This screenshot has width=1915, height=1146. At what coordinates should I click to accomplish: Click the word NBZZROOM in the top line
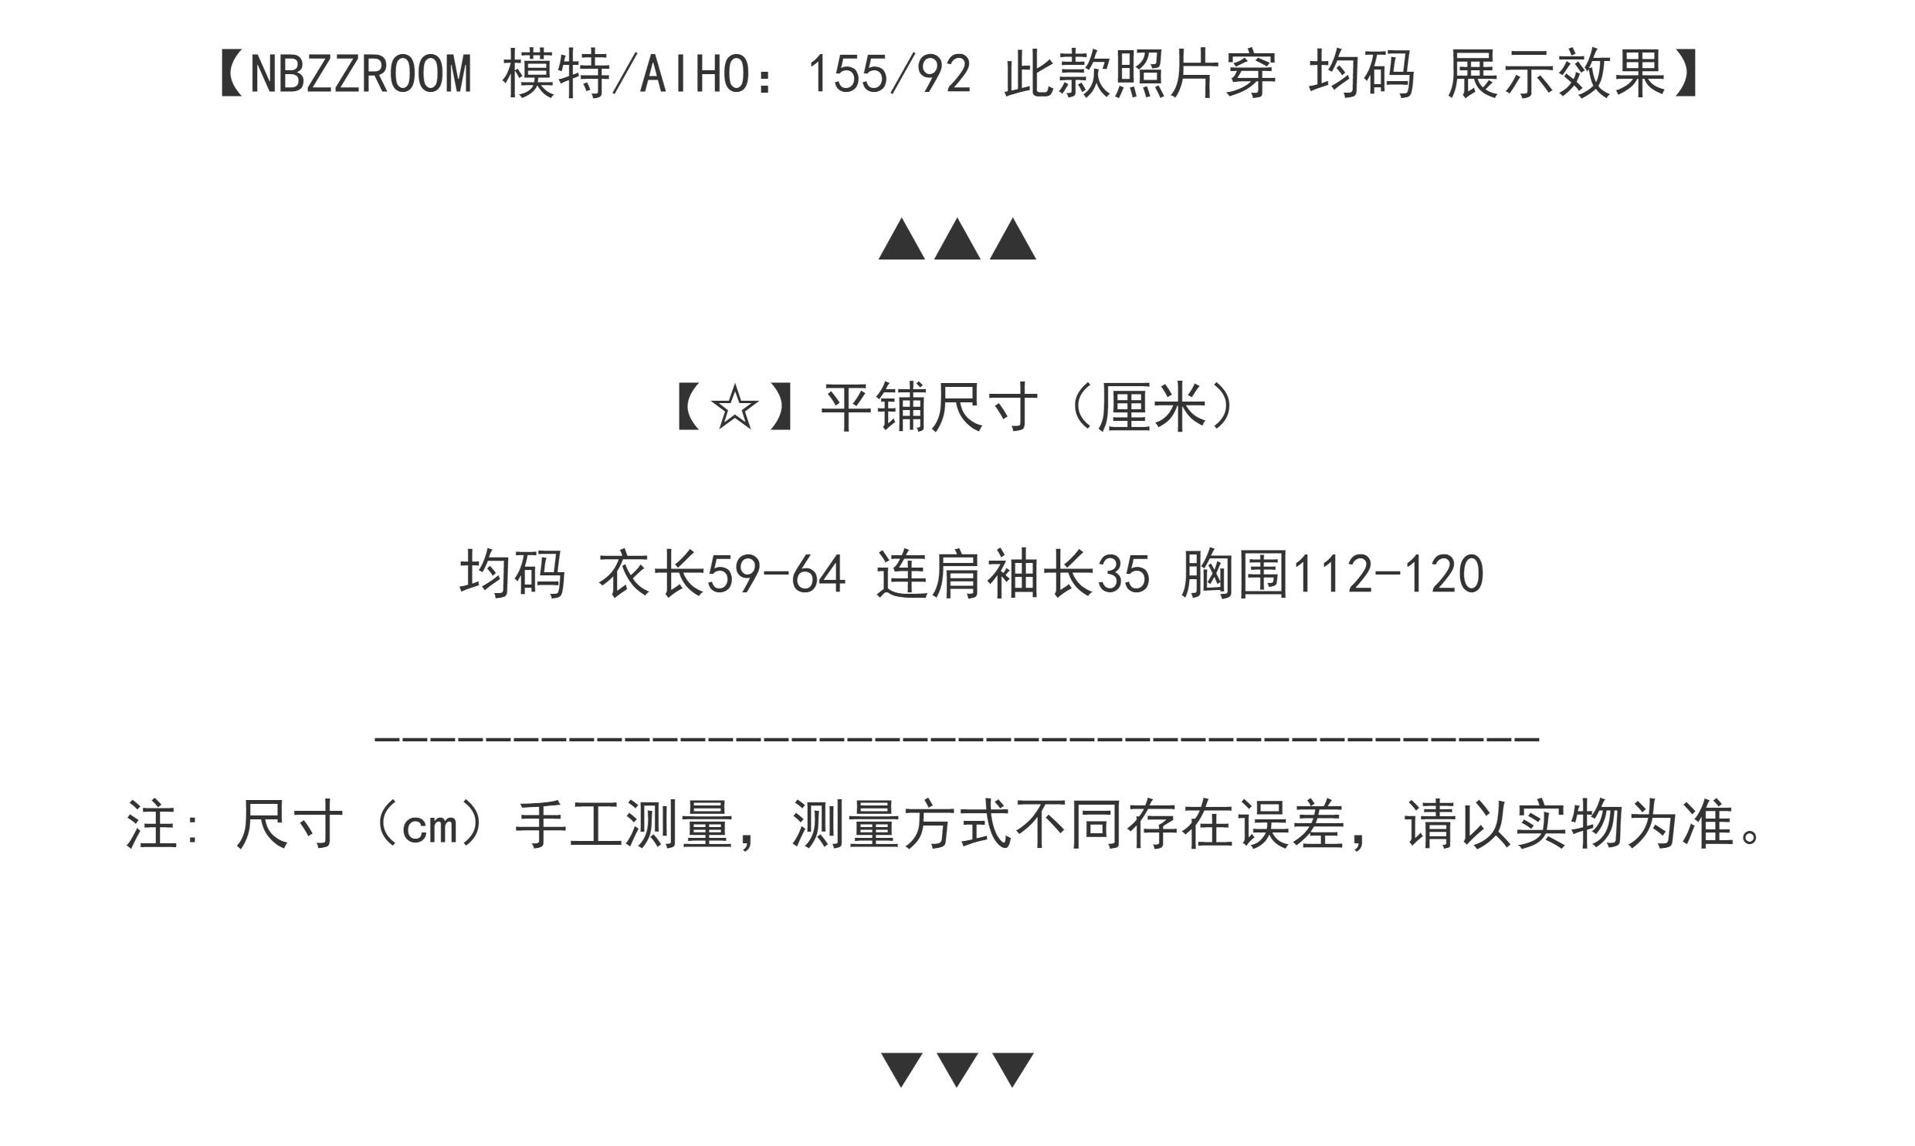click(x=361, y=76)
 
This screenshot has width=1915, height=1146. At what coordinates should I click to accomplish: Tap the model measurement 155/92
click(x=889, y=76)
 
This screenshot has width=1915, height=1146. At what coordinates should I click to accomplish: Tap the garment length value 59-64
click(x=777, y=575)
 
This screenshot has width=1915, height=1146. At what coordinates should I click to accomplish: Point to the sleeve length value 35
click(x=1124, y=575)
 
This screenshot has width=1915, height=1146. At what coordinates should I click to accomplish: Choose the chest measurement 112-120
click(x=1387, y=575)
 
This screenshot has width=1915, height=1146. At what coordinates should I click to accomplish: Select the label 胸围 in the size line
click(x=1235, y=575)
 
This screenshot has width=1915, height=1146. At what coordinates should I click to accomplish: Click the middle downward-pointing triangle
click(x=957, y=1070)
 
